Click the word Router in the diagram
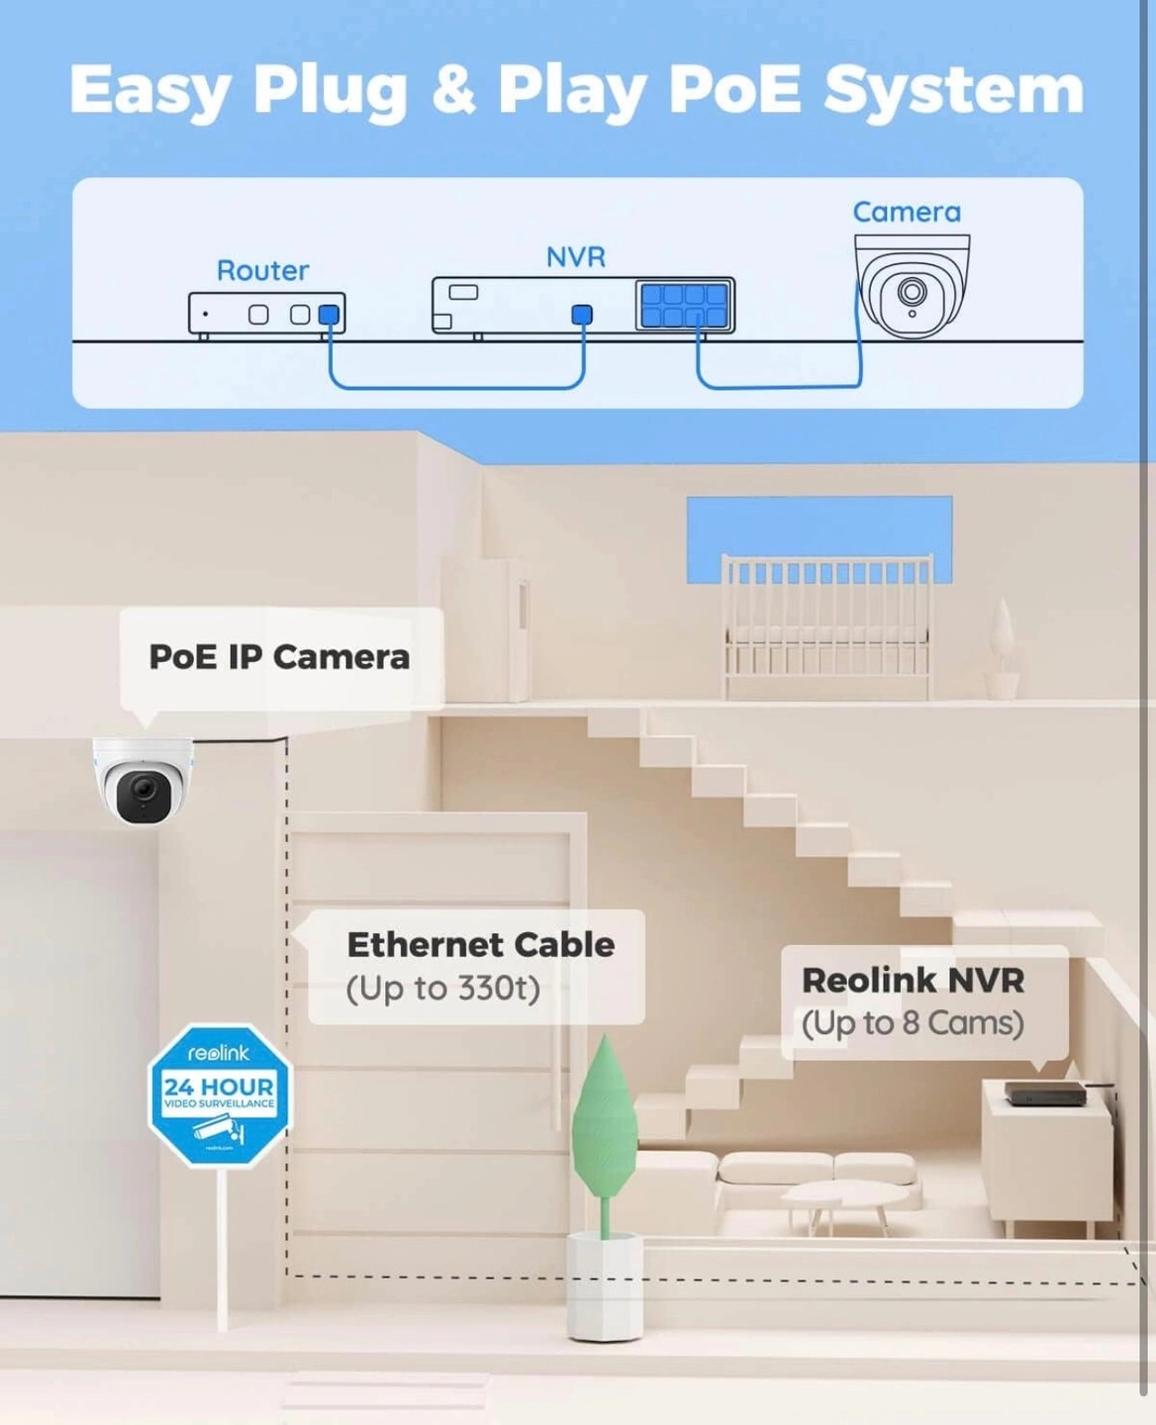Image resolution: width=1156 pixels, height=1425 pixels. click(262, 270)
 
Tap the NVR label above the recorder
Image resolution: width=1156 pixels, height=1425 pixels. click(575, 257)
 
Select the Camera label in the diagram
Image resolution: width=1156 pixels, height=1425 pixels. click(907, 212)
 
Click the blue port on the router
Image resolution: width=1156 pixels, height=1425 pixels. click(329, 315)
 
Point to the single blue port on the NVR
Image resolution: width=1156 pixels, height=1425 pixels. click(582, 315)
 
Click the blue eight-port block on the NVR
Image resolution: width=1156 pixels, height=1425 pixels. click(685, 306)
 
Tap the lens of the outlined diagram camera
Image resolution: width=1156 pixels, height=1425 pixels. click(912, 292)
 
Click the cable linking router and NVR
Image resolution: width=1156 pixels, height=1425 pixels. click(455, 386)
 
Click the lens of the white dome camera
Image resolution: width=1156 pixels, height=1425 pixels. click(144, 791)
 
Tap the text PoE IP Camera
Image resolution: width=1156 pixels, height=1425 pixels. click(279, 657)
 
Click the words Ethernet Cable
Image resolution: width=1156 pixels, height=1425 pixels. click(480, 945)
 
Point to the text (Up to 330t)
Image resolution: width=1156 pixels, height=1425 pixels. click(442, 988)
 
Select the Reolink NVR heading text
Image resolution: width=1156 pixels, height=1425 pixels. click(913, 981)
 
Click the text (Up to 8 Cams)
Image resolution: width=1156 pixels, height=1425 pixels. click(913, 1023)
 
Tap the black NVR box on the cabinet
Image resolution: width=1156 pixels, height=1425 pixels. click(1045, 1093)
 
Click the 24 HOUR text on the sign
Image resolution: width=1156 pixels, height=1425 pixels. click(219, 1087)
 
